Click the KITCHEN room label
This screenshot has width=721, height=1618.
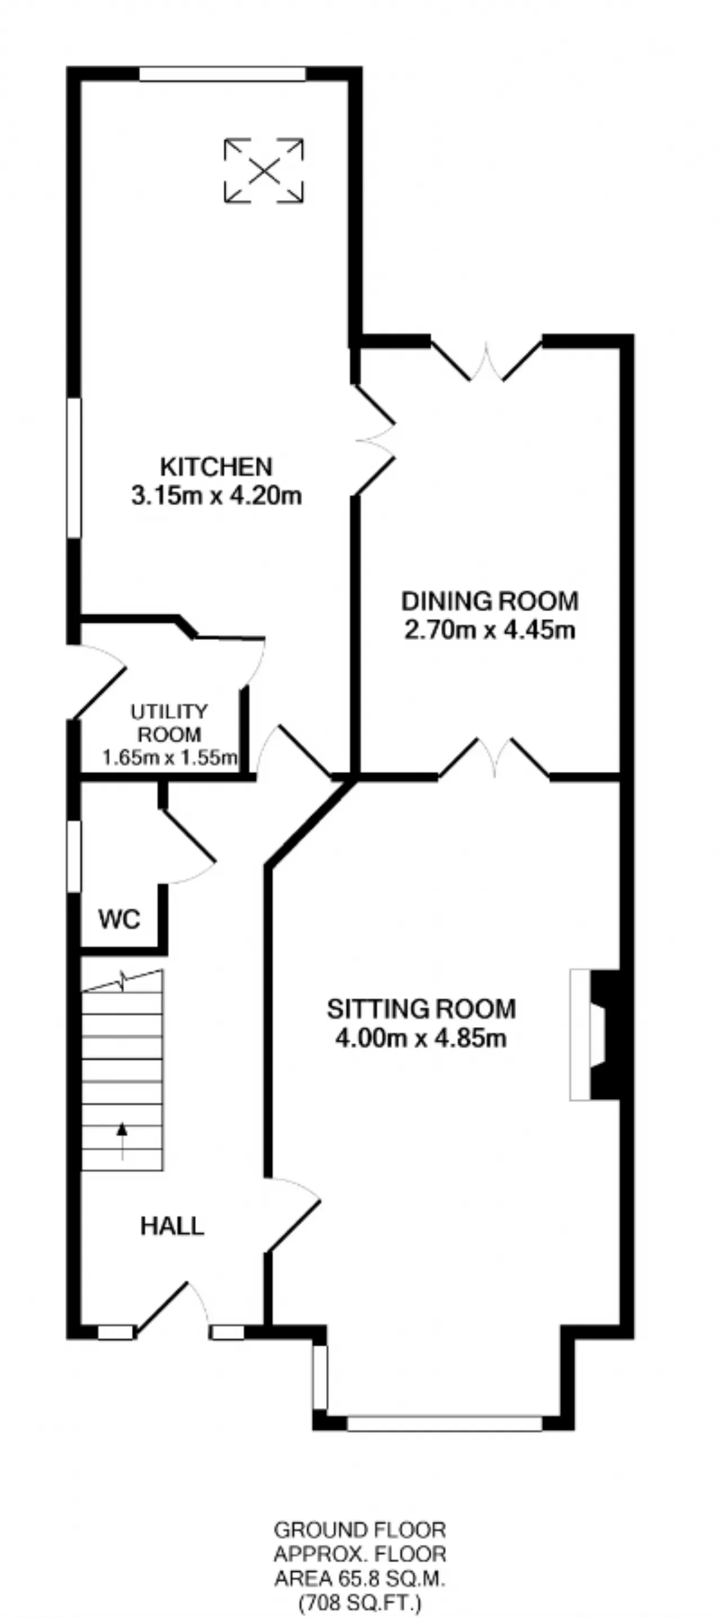[216, 466]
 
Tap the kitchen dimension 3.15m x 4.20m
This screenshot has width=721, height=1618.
[216, 496]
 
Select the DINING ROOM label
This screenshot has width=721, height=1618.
[490, 601]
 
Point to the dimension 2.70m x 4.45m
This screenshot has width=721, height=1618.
[490, 629]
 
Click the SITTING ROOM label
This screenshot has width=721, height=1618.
[421, 1009]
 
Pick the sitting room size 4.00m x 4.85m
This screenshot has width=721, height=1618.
[421, 1038]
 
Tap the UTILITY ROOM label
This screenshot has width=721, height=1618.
[169, 723]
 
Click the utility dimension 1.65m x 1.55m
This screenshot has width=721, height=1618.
[170, 758]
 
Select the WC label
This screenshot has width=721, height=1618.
[119, 919]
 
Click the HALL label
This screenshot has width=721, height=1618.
[172, 1226]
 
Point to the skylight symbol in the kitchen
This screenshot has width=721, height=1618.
[264, 170]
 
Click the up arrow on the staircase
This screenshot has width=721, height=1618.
[122, 1140]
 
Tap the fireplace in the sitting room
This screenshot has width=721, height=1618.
[595, 1034]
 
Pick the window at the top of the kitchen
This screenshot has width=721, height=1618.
[222, 74]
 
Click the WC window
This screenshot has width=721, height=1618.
[74, 856]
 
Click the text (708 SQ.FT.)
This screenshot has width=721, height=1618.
[360, 1602]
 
